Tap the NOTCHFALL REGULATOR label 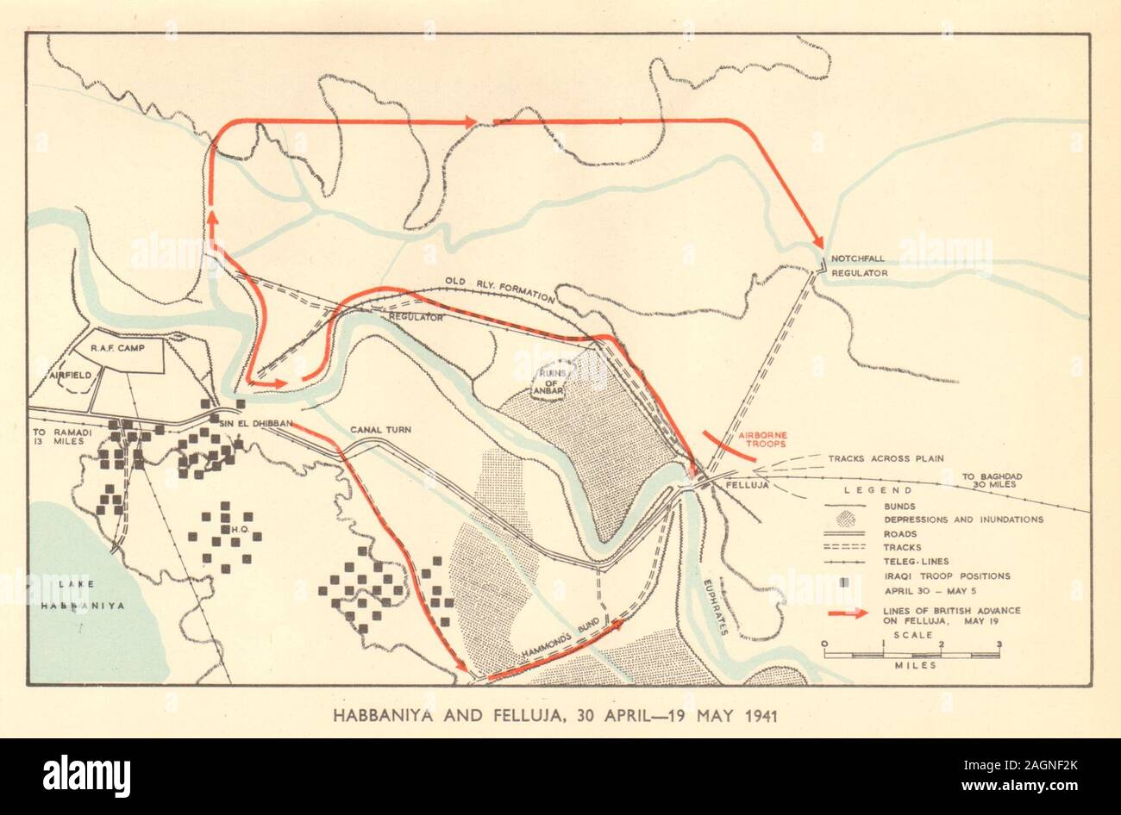click(x=858, y=264)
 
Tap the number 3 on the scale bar click(x=999, y=644)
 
